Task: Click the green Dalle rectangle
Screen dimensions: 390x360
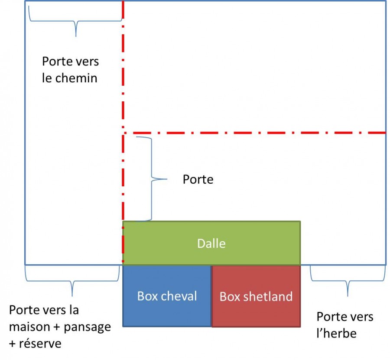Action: [x=211, y=243]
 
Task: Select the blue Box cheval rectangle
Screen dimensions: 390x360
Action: [x=167, y=296]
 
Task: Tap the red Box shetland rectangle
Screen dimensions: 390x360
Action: [x=256, y=296]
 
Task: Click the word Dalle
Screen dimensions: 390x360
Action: [x=211, y=243]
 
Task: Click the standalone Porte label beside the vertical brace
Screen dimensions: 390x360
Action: [x=198, y=179]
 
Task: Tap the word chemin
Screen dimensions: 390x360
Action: [x=76, y=78]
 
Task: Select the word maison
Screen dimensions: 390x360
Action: [x=29, y=327]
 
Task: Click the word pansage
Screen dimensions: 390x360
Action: [x=87, y=328]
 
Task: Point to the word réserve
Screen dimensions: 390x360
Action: [x=40, y=344]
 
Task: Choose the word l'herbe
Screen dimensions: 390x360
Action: [x=337, y=333]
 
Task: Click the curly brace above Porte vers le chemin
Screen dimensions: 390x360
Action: [x=76, y=22]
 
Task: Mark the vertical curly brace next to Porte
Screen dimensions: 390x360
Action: [x=151, y=179]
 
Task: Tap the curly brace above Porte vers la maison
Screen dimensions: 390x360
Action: [x=72, y=282]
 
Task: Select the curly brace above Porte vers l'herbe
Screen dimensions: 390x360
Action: [x=348, y=281]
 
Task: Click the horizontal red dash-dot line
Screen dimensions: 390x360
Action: [x=254, y=133]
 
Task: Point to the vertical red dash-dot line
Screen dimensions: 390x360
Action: [x=123, y=132]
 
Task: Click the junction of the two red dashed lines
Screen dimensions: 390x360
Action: [x=123, y=133]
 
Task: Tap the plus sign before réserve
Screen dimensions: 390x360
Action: [x=12, y=344]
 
